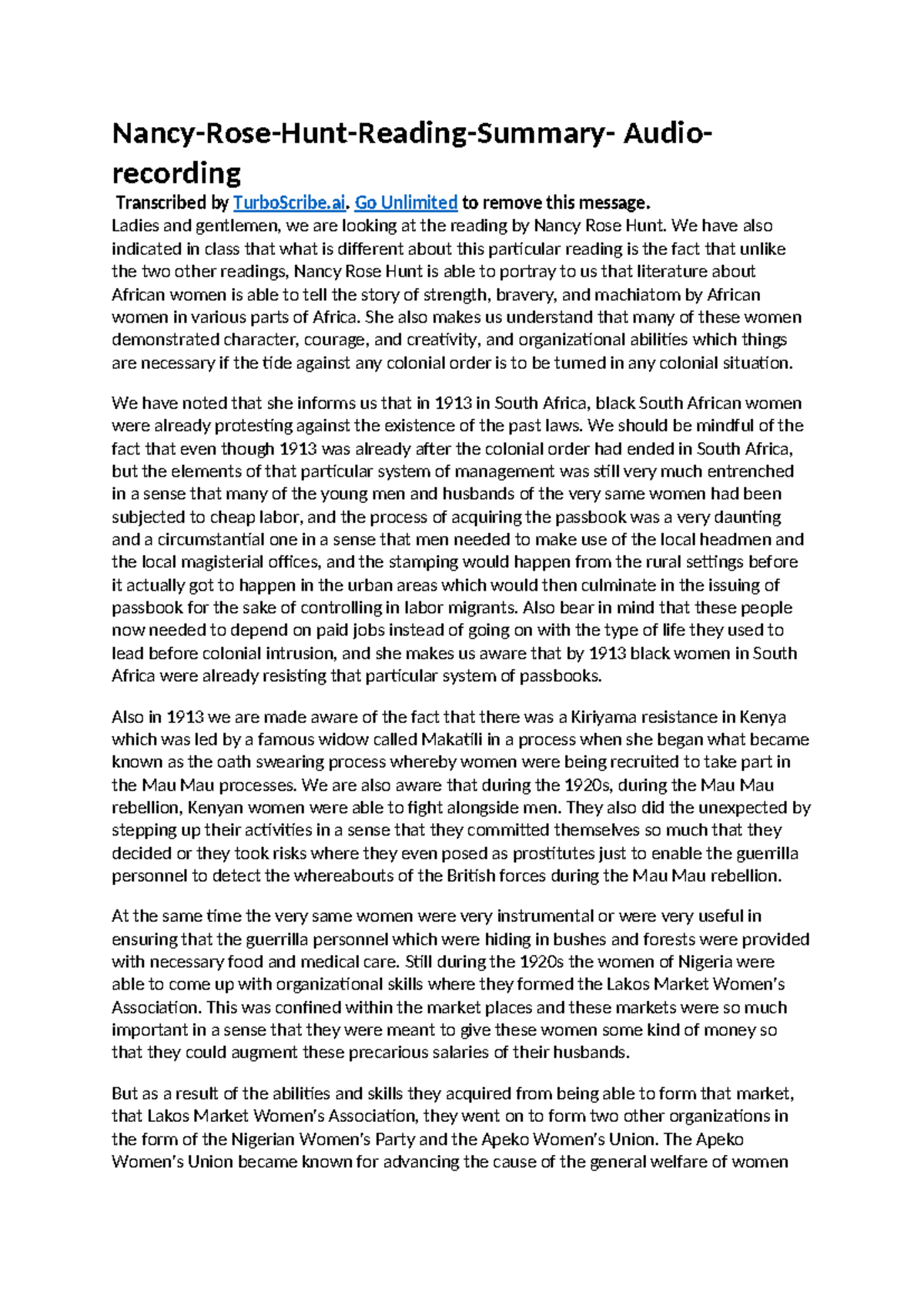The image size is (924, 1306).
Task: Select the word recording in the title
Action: (176, 172)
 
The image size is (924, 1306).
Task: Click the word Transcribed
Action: (160, 203)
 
